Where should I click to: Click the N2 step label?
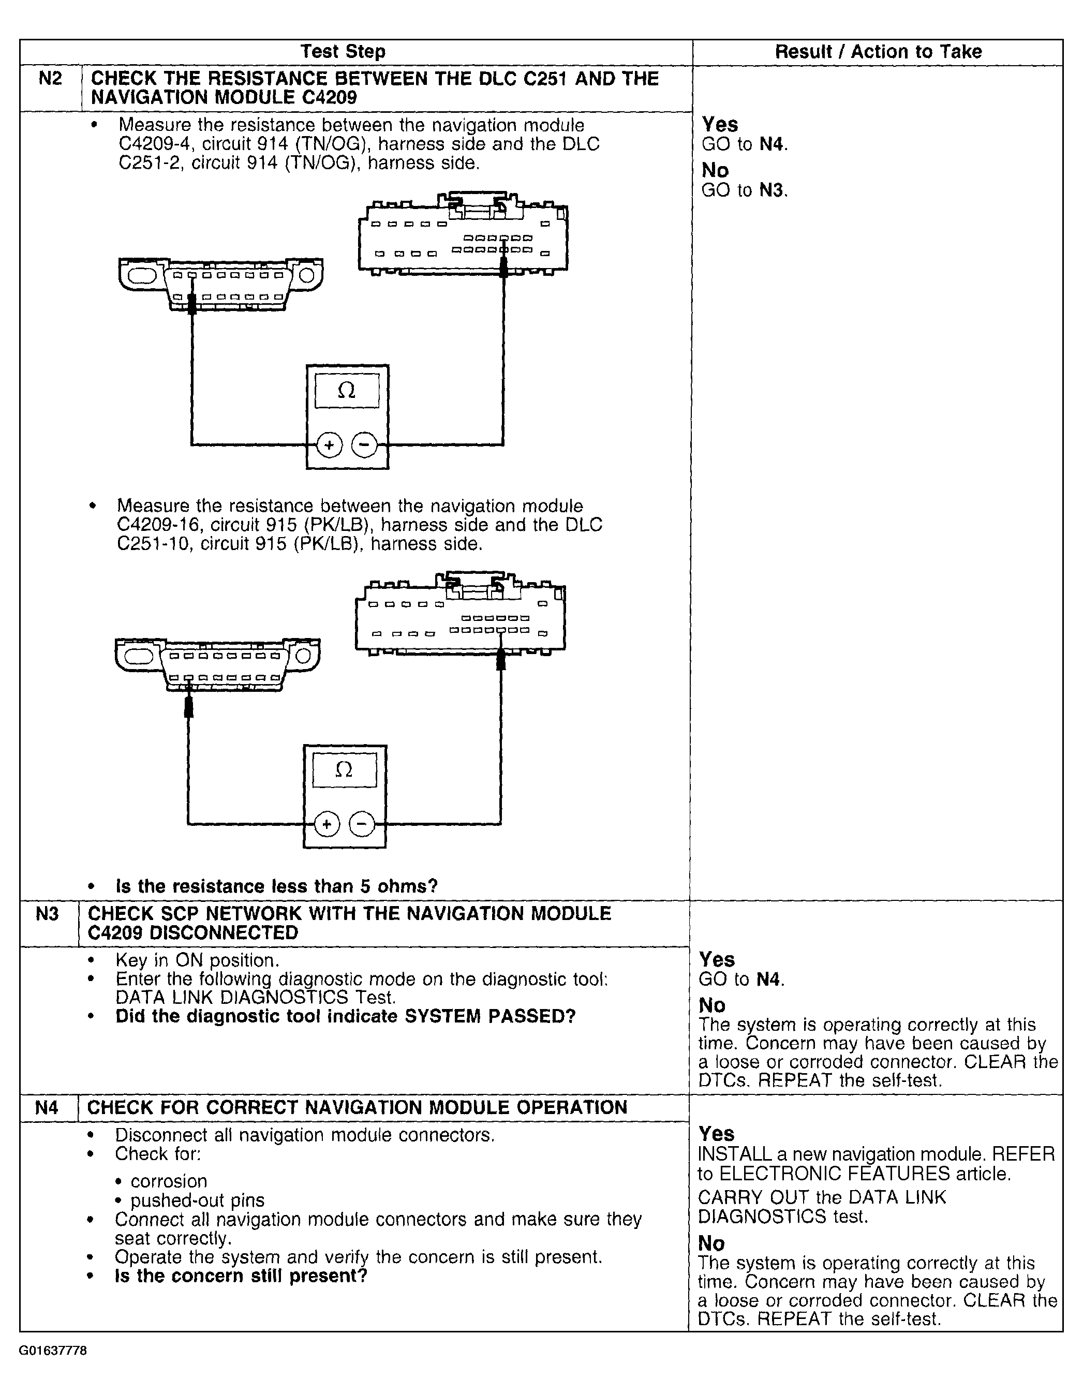(50, 79)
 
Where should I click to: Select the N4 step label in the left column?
(47, 1107)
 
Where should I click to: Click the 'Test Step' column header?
(343, 52)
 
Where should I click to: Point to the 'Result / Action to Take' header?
(878, 52)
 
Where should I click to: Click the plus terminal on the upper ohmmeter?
(329, 445)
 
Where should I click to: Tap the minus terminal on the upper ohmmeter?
(364, 445)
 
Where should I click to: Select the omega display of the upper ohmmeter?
(347, 391)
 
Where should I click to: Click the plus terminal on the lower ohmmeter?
(327, 825)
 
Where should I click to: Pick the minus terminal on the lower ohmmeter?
(362, 825)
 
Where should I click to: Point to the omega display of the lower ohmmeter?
(344, 770)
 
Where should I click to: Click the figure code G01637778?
(52, 1351)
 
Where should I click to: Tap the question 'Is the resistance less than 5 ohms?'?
(276, 886)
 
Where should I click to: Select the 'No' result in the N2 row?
(715, 170)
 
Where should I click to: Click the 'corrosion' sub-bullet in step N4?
(169, 1181)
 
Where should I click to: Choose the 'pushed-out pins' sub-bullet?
(197, 1200)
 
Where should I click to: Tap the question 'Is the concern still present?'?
(241, 1276)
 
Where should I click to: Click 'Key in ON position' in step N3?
(197, 960)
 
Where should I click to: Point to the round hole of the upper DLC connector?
(307, 275)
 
